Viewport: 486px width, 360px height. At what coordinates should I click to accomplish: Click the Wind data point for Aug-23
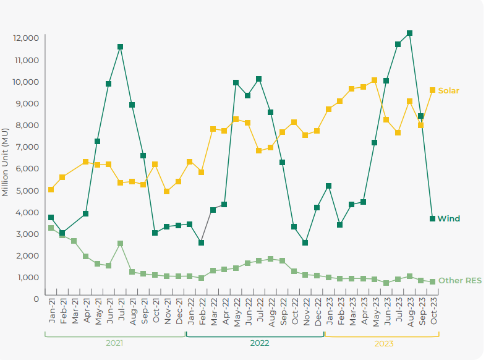click(x=409, y=33)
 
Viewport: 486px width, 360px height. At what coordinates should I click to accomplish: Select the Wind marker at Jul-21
click(x=120, y=46)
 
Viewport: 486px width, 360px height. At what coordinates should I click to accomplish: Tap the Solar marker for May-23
click(x=375, y=80)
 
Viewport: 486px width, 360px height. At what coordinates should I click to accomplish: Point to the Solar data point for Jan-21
click(x=51, y=189)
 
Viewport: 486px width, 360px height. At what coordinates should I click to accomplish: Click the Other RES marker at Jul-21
click(x=120, y=244)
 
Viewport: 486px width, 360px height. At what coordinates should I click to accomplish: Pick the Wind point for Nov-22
click(x=305, y=242)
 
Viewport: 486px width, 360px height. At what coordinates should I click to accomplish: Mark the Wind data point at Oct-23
click(x=432, y=218)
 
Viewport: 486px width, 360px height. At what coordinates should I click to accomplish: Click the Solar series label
click(x=448, y=91)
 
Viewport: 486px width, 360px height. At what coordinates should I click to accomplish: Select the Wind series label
click(x=448, y=219)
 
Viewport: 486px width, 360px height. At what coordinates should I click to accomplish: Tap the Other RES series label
click(x=459, y=281)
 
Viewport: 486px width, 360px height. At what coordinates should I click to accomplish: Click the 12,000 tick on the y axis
click(x=25, y=38)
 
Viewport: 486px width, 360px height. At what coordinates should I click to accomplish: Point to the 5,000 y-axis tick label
click(x=27, y=191)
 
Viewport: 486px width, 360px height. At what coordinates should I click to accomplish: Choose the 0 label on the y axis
click(x=36, y=299)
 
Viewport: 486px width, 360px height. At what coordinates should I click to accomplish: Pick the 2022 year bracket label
click(x=259, y=342)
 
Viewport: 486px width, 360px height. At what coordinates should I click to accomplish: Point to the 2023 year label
click(x=384, y=342)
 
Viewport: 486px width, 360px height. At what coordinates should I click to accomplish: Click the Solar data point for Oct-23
click(x=432, y=90)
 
